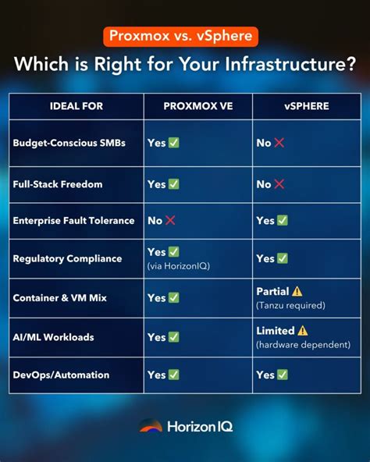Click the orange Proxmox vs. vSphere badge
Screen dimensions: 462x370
[180, 37]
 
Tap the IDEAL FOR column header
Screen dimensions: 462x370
[76, 105]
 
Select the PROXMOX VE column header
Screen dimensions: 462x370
[197, 105]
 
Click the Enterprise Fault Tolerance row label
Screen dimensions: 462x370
[73, 221]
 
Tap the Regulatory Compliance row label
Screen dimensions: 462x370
[67, 258]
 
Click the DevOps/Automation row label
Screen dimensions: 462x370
[62, 375]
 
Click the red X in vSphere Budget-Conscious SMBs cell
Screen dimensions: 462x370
[279, 143]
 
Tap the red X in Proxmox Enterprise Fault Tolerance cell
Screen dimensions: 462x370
[170, 221]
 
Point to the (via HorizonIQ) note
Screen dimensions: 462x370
[179, 266]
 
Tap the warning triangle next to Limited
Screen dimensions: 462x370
[303, 330]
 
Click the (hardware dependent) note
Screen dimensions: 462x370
[303, 344]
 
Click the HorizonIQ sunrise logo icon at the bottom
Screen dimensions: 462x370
[151, 426]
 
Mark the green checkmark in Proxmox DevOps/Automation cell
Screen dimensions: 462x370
[174, 375]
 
